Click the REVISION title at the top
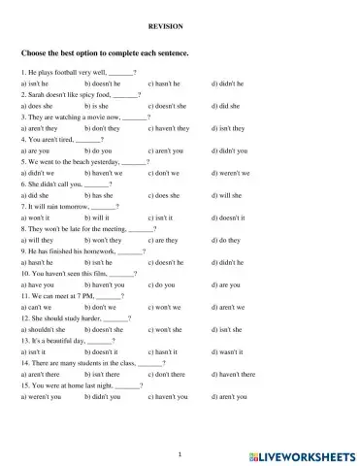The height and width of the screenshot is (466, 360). tap(180, 29)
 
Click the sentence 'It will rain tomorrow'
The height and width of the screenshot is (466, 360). tap(69, 207)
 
